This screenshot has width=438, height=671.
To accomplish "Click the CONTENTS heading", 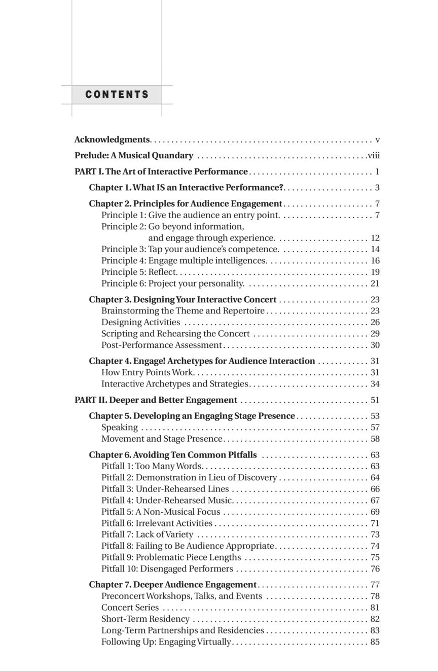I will pyautogui.click(x=117, y=95).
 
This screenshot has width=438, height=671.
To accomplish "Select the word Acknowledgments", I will pyautogui.click(x=112, y=139).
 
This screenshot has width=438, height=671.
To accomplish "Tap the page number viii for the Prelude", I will pyautogui.click(x=374, y=156).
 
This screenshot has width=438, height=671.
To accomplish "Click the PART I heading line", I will pyautogui.click(x=161, y=172).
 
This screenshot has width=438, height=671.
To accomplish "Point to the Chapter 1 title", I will pyautogui.click(x=186, y=188).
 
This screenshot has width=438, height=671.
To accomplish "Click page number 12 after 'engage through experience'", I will pyautogui.click(x=375, y=238).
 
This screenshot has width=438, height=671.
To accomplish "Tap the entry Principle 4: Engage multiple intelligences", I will pyautogui.click(x=184, y=261).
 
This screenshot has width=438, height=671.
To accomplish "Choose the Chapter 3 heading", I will pyautogui.click(x=182, y=300).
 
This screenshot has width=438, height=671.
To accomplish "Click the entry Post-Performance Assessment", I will pyautogui.click(x=162, y=345).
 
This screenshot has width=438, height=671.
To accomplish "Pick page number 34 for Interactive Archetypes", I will pyautogui.click(x=375, y=384).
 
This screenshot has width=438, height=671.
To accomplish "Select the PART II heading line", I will pyautogui.click(x=156, y=400).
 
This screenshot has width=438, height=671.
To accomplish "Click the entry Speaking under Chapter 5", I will pyautogui.click(x=120, y=428).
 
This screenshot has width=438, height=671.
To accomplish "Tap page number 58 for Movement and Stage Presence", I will pyautogui.click(x=375, y=439).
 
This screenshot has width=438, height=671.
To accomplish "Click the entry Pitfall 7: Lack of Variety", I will pyautogui.click(x=148, y=535).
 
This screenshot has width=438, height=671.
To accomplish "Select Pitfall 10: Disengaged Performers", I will pyautogui.click(x=167, y=569).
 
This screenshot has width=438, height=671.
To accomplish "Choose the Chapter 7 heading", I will pyautogui.click(x=173, y=585).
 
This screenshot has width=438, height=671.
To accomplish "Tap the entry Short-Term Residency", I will pyautogui.click(x=145, y=619).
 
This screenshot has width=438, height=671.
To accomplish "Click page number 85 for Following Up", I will pyautogui.click(x=375, y=642).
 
